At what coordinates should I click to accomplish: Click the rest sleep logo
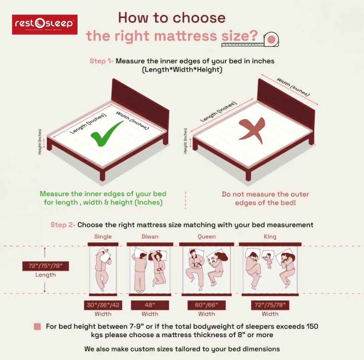pos(44,24)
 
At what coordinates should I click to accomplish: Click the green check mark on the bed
pos(107,134)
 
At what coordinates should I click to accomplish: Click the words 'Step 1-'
pos(101,61)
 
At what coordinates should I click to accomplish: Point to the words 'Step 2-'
pos(63,225)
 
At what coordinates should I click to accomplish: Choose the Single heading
pos(103,237)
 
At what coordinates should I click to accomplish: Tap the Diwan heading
pos(150,237)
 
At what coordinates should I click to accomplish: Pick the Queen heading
pos(207,237)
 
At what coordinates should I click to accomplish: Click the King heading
pos(270,237)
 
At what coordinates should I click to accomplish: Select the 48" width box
pos(150,305)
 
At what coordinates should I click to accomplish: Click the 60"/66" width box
pos(207,305)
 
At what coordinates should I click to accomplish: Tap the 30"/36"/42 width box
pos(103,305)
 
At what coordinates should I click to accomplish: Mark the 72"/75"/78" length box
pos(45,266)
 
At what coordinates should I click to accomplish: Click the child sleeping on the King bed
pos(268,259)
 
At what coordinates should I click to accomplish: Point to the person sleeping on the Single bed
pos(102,269)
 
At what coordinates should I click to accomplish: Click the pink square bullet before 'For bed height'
pos(37,326)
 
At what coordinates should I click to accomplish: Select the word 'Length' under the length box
pos(45,275)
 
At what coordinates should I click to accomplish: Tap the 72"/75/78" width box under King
pos(270,305)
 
